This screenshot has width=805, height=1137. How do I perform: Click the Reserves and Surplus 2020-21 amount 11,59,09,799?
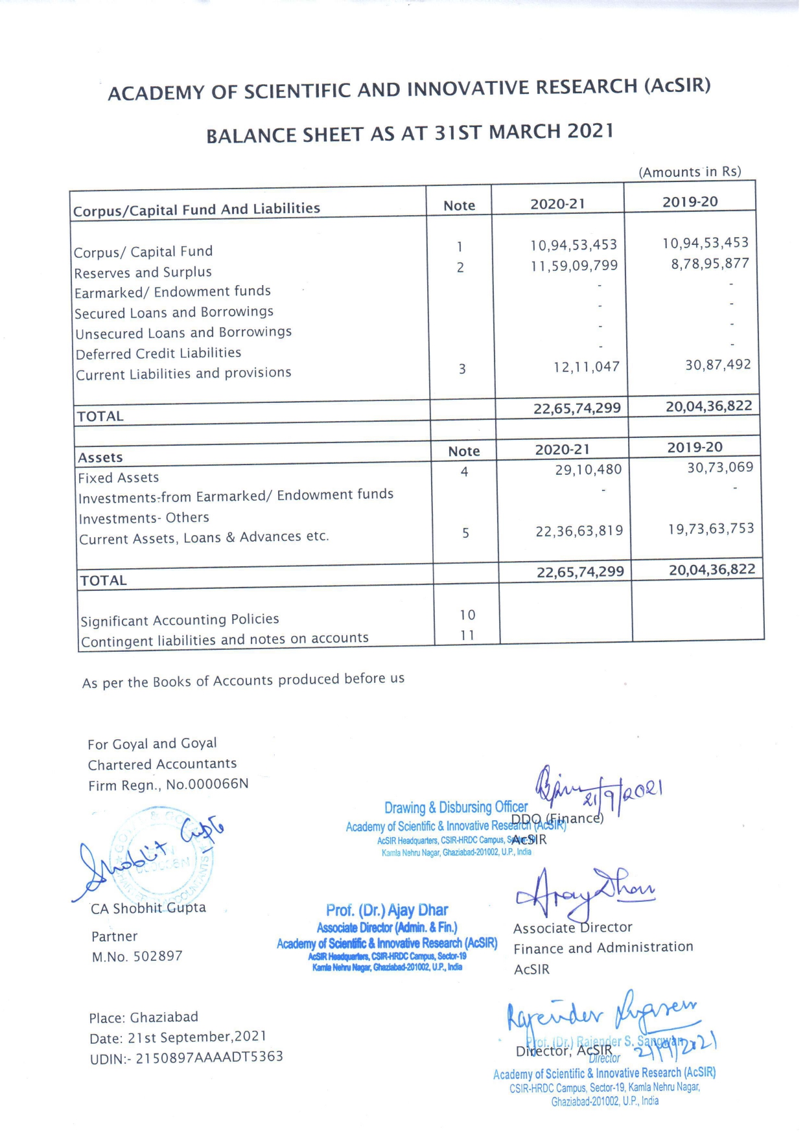click(574, 266)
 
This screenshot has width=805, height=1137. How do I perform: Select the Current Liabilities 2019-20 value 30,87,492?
click(718, 365)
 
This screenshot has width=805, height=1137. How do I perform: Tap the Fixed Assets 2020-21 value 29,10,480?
click(588, 470)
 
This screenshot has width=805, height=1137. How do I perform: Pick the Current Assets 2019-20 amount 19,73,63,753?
click(711, 529)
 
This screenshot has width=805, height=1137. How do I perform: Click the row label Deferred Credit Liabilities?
click(158, 354)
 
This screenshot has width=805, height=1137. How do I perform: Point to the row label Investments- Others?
click(144, 518)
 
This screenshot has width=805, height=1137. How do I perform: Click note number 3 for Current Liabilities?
click(462, 369)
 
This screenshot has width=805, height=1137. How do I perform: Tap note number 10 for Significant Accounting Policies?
click(467, 615)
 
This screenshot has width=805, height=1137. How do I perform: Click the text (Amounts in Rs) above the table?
click(690, 172)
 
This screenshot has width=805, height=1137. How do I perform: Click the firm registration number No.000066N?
click(207, 785)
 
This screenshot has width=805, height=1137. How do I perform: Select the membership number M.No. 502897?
click(137, 956)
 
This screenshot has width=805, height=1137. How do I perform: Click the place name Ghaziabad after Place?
click(164, 1017)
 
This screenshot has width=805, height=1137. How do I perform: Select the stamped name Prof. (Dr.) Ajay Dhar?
click(387, 910)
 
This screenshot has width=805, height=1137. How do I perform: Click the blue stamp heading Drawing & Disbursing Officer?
click(456, 808)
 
